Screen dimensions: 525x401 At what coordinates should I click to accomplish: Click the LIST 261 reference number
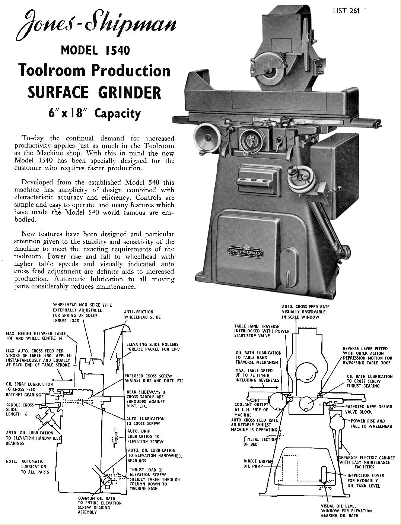coord(346,10)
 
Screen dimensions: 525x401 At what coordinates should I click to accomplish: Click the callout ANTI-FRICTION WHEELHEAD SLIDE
coord(142,314)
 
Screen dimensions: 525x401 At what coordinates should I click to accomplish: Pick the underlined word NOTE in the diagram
coord(11,461)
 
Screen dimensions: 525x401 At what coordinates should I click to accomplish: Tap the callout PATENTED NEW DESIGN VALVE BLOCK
coord(369,409)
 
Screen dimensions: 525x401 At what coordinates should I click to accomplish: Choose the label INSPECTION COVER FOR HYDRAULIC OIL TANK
coord(366,481)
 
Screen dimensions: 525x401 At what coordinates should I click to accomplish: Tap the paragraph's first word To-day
coord(31,138)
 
